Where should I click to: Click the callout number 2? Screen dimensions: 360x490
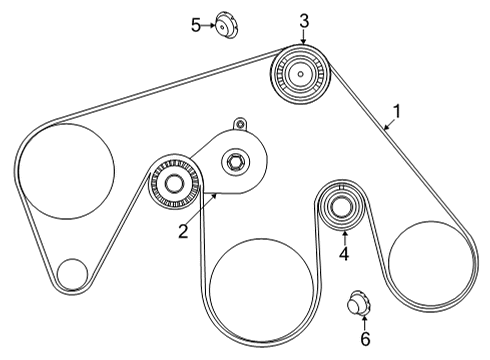click(184, 232)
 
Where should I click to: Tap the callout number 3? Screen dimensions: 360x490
click(304, 20)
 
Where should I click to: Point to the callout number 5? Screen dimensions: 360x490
click(197, 25)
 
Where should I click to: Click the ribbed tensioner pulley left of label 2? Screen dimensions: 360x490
click(175, 184)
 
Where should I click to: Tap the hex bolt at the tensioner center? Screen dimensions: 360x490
click(236, 160)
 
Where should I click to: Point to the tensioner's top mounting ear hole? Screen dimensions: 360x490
click(238, 124)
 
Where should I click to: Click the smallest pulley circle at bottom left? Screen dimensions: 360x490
click(72, 272)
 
